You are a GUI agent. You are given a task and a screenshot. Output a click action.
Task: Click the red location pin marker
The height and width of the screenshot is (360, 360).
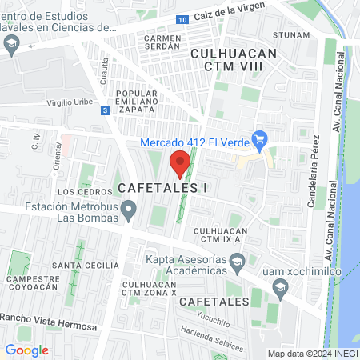click(180, 165)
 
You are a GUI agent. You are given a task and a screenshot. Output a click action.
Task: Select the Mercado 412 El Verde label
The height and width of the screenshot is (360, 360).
click(194, 142)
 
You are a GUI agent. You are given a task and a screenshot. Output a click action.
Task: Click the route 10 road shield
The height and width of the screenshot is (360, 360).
click(183, 18)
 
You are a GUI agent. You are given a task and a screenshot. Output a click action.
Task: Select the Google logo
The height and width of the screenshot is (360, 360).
click(26, 350)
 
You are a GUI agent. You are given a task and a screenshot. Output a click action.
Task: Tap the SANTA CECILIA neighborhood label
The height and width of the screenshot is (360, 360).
click(80, 265)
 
